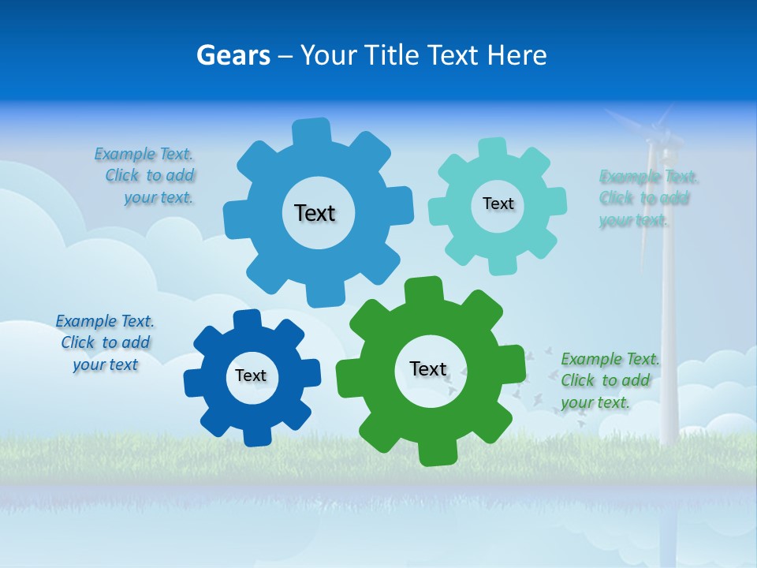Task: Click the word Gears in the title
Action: click(x=233, y=55)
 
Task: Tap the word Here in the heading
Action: click(x=517, y=55)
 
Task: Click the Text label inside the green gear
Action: click(x=428, y=368)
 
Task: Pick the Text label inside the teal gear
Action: click(x=498, y=204)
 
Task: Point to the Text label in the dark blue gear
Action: click(x=251, y=376)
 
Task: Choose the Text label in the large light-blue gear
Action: click(x=315, y=213)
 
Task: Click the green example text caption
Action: click(x=609, y=381)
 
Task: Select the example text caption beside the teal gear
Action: click(x=648, y=198)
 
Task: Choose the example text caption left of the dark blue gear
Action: click(x=105, y=343)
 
